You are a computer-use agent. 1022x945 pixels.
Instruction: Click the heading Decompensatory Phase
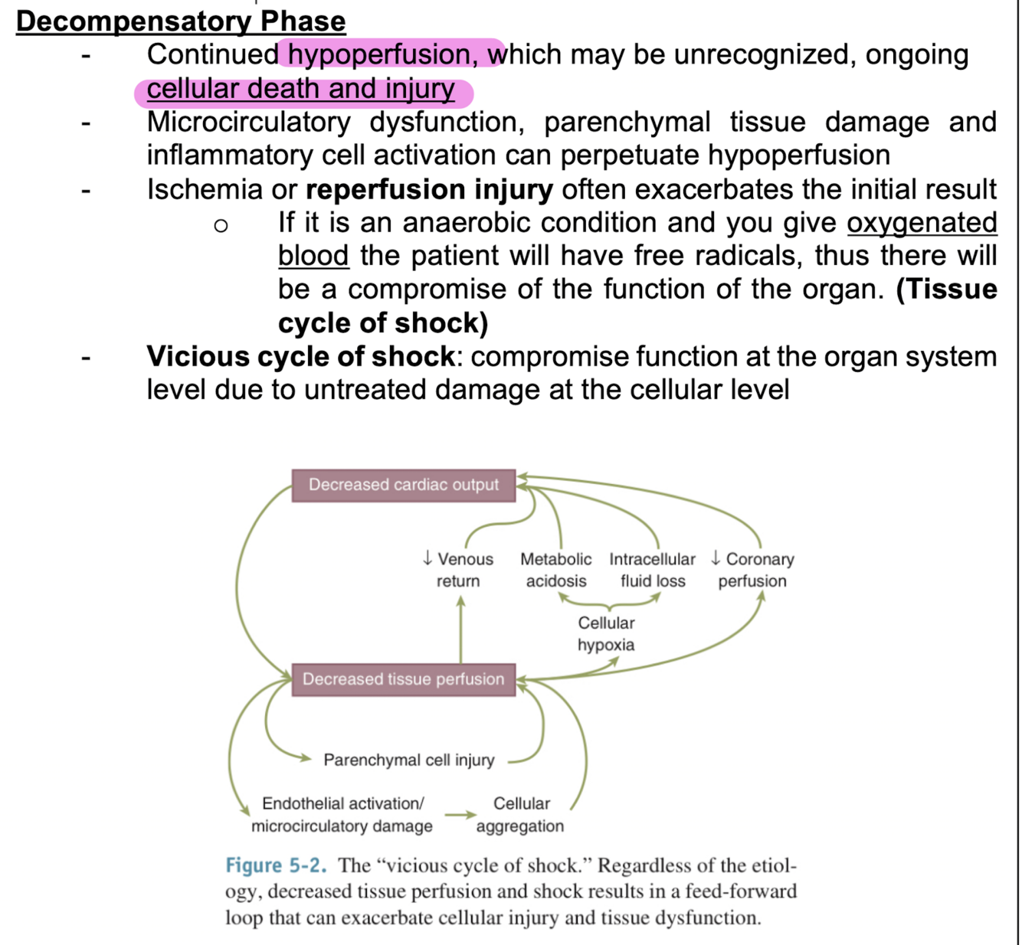(x=181, y=21)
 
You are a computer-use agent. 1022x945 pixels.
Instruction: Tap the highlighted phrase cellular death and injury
(x=301, y=89)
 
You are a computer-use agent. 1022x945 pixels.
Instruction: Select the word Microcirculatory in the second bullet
(x=248, y=122)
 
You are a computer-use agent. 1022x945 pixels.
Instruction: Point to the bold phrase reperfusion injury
(x=429, y=189)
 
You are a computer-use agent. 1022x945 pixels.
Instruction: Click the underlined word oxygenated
(x=922, y=222)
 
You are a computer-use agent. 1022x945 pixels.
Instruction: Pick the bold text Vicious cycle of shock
(x=300, y=356)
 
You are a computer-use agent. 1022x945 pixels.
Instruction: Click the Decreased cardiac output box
(x=403, y=485)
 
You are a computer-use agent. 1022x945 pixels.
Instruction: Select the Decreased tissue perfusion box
(x=403, y=679)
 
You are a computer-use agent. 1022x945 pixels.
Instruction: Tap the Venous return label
(x=458, y=570)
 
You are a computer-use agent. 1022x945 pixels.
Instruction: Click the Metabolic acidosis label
(x=556, y=570)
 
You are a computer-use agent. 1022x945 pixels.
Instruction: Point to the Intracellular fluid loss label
(x=653, y=570)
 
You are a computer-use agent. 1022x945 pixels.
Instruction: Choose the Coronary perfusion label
(x=752, y=570)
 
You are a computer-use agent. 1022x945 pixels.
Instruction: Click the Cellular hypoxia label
(x=606, y=633)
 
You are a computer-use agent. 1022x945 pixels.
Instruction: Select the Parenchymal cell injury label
(x=408, y=760)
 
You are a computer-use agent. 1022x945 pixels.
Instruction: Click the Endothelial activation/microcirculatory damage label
(x=342, y=815)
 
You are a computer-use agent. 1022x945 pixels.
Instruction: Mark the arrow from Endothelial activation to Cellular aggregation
(x=460, y=815)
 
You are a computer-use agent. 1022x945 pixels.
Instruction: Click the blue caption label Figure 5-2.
(x=276, y=865)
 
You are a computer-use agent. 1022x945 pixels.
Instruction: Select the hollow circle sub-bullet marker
(x=221, y=225)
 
